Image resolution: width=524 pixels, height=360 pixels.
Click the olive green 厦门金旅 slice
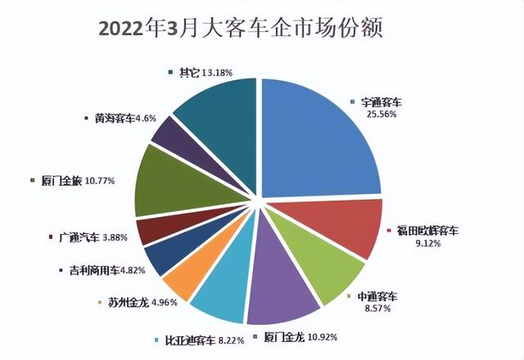pos(164,184)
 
